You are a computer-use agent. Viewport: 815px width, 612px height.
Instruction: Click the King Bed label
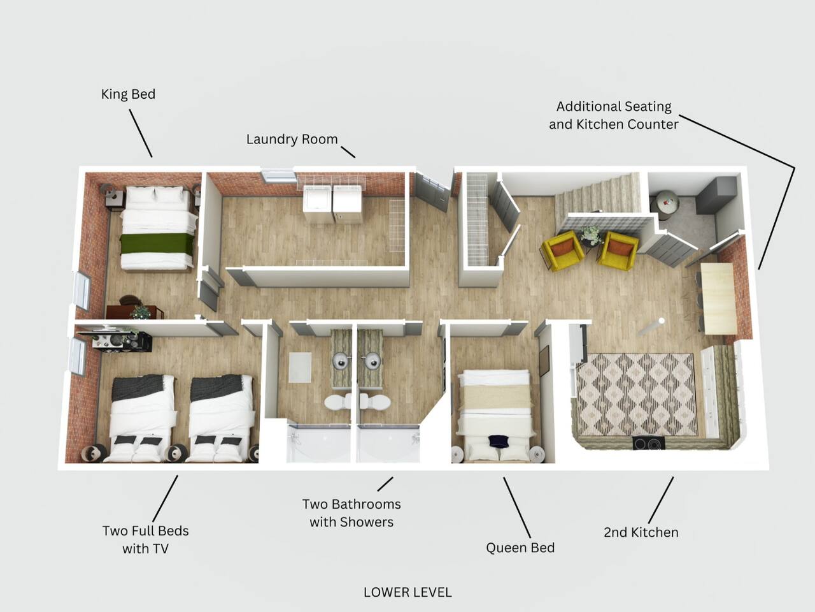click(x=128, y=94)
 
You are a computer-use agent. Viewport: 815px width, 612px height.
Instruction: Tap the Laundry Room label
click(x=292, y=140)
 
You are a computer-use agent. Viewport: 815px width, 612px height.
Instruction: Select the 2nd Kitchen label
click(x=641, y=532)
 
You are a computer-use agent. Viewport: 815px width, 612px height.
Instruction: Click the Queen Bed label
click(x=520, y=548)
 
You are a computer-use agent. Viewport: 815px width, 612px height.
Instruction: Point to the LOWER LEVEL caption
click(x=407, y=592)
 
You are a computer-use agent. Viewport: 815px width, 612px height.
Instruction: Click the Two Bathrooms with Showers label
click(x=351, y=513)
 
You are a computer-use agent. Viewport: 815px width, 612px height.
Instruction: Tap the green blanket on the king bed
click(x=157, y=244)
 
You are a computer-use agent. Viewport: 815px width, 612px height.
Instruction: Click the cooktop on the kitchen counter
click(x=649, y=443)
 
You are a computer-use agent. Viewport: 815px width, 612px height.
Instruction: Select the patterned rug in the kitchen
click(x=635, y=394)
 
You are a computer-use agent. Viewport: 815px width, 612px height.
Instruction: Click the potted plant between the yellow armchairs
click(x=592, y=235)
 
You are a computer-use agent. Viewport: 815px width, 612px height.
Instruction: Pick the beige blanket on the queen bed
click(x=495, y=400)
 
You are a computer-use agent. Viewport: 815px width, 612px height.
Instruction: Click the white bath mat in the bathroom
click(x=300, y=367)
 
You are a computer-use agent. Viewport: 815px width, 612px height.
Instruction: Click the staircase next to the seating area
click(x=599, y=196)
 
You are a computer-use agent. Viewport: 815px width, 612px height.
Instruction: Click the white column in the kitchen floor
click(x=651, y=327)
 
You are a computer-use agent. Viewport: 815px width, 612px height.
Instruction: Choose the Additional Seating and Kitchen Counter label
click(x=614, y=115)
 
